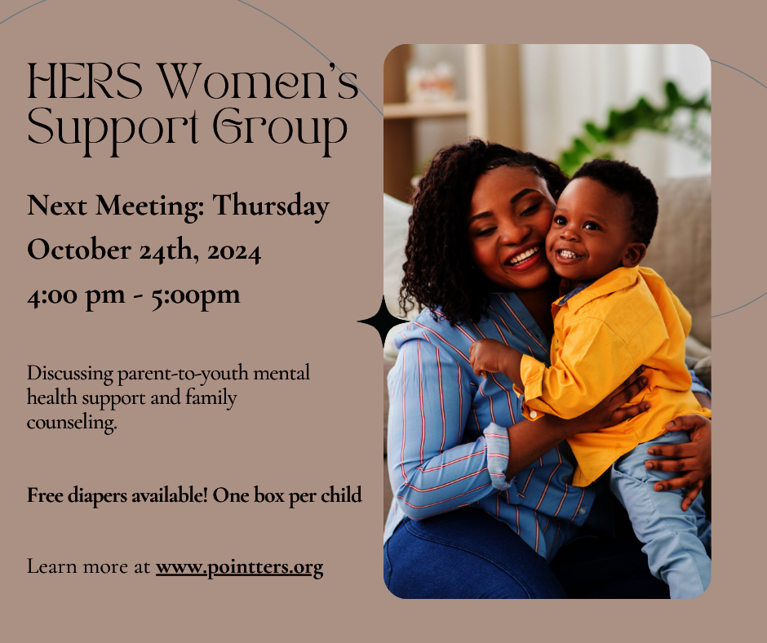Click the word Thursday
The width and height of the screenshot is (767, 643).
coord(271,206)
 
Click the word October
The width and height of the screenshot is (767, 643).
coord(78,251)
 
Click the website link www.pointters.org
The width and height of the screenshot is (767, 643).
coord(239,566)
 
